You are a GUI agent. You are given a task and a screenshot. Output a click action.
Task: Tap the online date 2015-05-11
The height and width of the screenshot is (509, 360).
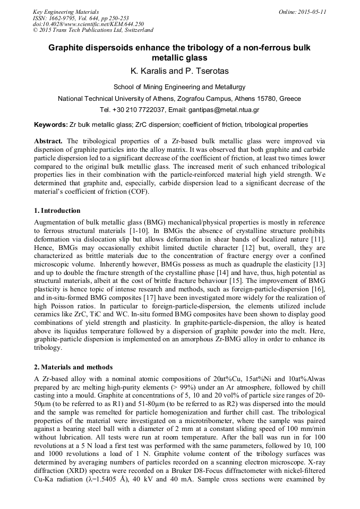point(313,11)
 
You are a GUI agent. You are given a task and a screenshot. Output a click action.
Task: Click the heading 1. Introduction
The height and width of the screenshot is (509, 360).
point(57,211)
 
